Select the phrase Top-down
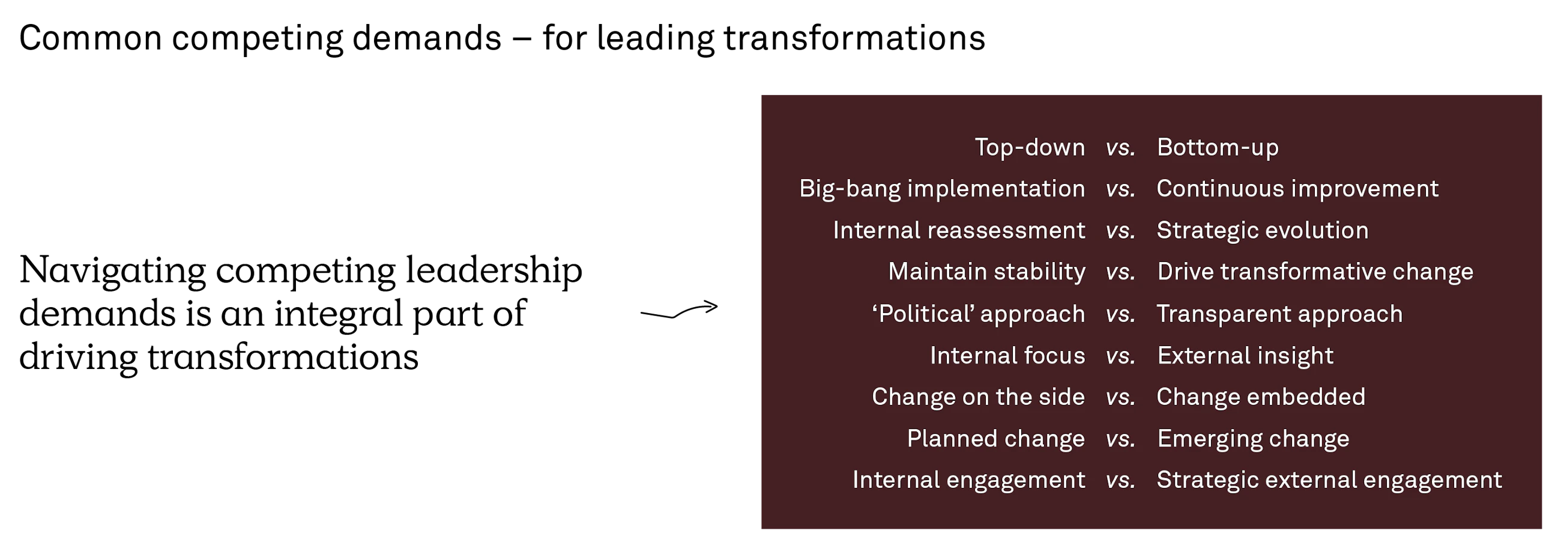point(1030,147)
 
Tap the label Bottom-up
point(1218,147)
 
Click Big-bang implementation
point(941,189)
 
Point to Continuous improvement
point(1297,189)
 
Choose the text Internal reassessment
point(959,230)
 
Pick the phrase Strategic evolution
point(1262,230)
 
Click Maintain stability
point(986,272)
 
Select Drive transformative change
point(1315,272)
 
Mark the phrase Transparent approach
point(1279,314)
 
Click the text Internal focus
point(1007,355)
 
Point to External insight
point(1245,356)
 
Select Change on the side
point(978,397)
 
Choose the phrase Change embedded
point(1260,397)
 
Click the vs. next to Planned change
point(1120,439)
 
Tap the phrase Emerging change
point(1253,439)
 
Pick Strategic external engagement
point(1329,480)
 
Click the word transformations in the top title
point(854,38)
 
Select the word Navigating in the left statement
point(113,271)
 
